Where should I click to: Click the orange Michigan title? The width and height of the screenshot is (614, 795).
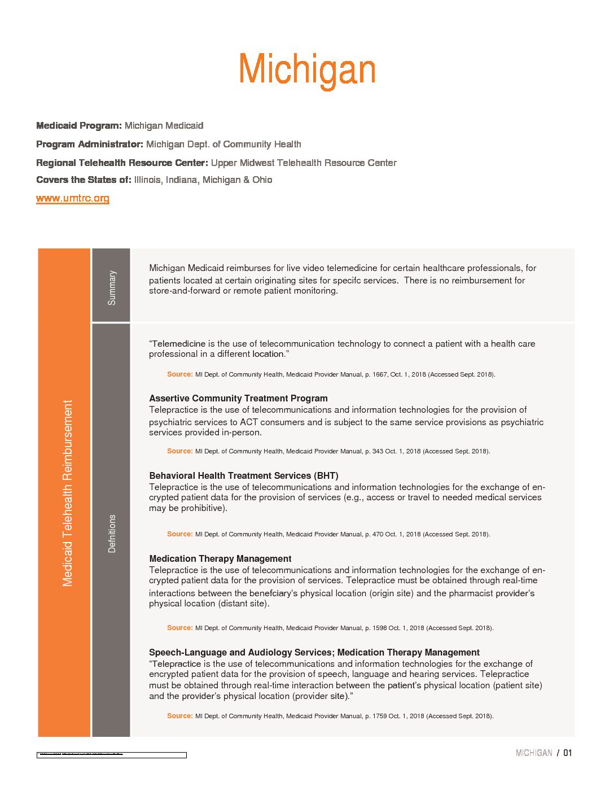[307, 70]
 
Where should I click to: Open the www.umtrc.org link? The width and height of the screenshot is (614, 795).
[73, 198]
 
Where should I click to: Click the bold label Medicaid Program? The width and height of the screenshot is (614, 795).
[78, 125]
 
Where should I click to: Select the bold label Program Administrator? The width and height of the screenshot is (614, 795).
[89, 144]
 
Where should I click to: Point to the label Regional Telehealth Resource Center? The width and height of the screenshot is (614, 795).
[122, 163]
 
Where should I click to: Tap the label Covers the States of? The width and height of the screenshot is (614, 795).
[84, 180]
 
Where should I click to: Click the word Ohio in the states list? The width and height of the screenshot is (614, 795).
[262, 180]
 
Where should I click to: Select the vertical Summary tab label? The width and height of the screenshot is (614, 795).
[112, 287]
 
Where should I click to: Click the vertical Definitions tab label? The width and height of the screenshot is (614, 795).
[112, 533]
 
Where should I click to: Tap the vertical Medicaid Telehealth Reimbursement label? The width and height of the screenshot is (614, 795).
[68, 493]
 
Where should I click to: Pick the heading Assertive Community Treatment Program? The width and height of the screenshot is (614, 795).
[238, 398]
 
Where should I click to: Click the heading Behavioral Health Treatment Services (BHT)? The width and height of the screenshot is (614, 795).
[244, 475]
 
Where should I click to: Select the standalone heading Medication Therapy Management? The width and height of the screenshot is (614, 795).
[220, 558]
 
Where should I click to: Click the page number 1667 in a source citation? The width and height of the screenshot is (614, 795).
[379, 374]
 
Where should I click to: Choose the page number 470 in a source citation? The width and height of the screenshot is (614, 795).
[378, 534]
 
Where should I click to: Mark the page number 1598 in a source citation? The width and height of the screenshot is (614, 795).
[379, 628]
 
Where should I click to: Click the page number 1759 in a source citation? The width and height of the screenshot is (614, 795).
[379, 716]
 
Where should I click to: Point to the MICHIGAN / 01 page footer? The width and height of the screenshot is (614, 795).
[543, 753]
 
